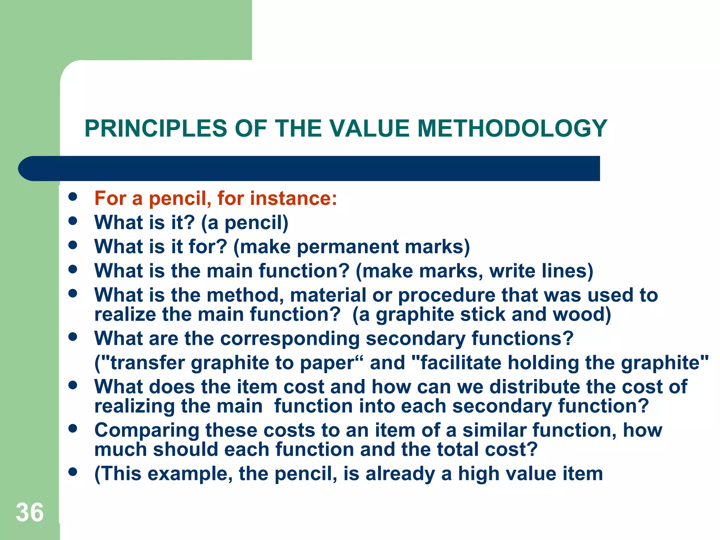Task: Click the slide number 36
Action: point(30,512)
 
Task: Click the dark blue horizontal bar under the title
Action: point(309,168)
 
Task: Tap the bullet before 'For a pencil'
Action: point(73,197)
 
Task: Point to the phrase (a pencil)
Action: point(245,223)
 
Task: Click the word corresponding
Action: point(290,339)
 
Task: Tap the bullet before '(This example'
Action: point(73,471)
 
